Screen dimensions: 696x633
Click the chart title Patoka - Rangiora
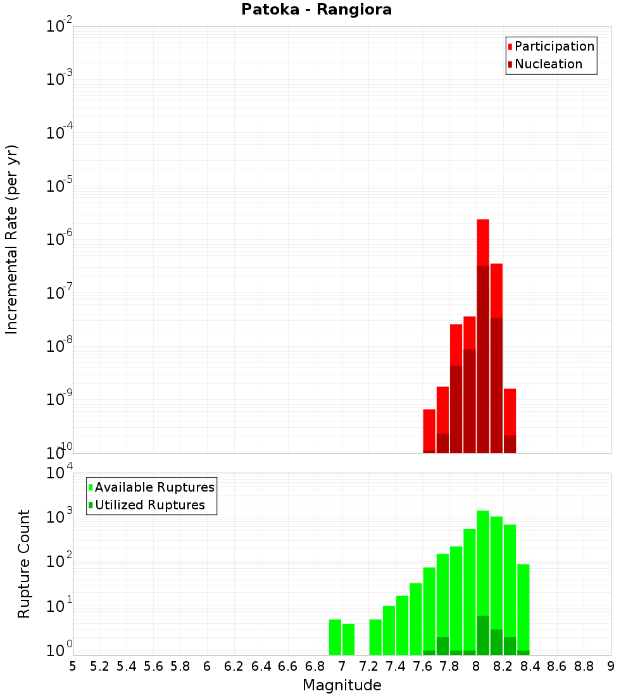point(316,10)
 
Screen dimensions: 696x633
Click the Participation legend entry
point(554,46)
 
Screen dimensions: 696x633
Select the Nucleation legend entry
point(548,64)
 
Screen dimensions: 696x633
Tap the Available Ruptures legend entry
point(154,487)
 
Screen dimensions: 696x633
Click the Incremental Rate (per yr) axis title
point(12,240)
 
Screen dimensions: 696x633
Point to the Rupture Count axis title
point(24,563)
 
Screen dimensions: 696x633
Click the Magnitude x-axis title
point(342,685)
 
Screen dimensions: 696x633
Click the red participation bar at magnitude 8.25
point(510,411)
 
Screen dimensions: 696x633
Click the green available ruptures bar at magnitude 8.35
point(523,607)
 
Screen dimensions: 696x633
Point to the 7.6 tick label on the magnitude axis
point(423,666)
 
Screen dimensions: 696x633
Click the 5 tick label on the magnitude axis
point(73,666)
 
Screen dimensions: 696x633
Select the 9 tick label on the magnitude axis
point(611,666)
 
